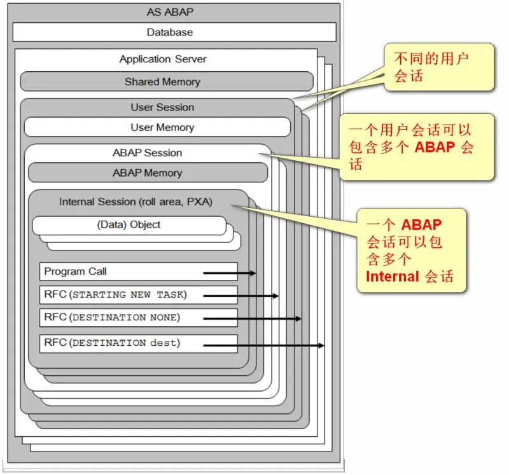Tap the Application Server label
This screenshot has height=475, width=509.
[163, 59]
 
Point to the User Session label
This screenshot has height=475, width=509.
[162, 107]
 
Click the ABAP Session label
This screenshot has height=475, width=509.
[147, 153]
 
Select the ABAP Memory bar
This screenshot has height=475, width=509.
[148, 173]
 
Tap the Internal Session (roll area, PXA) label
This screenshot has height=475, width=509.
[136, 202]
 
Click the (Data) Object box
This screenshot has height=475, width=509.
[129, 224]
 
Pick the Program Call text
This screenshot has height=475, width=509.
[75, 272]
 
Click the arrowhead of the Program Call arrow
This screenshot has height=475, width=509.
[253, 273]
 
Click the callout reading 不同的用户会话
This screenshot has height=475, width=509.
[438, 67]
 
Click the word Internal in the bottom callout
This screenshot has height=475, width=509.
[392, 276]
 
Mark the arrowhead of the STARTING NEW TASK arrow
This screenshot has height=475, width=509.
[275, 296]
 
